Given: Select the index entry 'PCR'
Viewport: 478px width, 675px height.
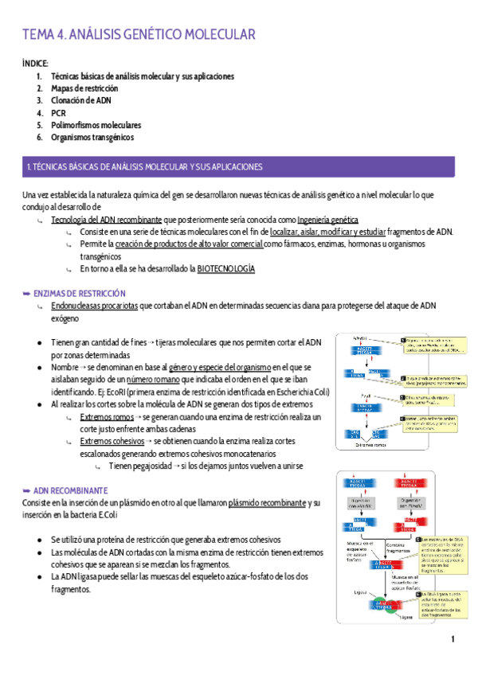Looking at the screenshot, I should pos(57,113).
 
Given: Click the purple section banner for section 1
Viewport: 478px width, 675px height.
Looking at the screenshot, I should pos(239,167).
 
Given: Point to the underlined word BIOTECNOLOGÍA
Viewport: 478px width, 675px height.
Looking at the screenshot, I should pos(226,269).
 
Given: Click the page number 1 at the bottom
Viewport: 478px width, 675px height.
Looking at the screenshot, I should pos(452,639).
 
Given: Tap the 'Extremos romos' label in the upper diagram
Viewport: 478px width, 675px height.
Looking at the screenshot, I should pos(368,444).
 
